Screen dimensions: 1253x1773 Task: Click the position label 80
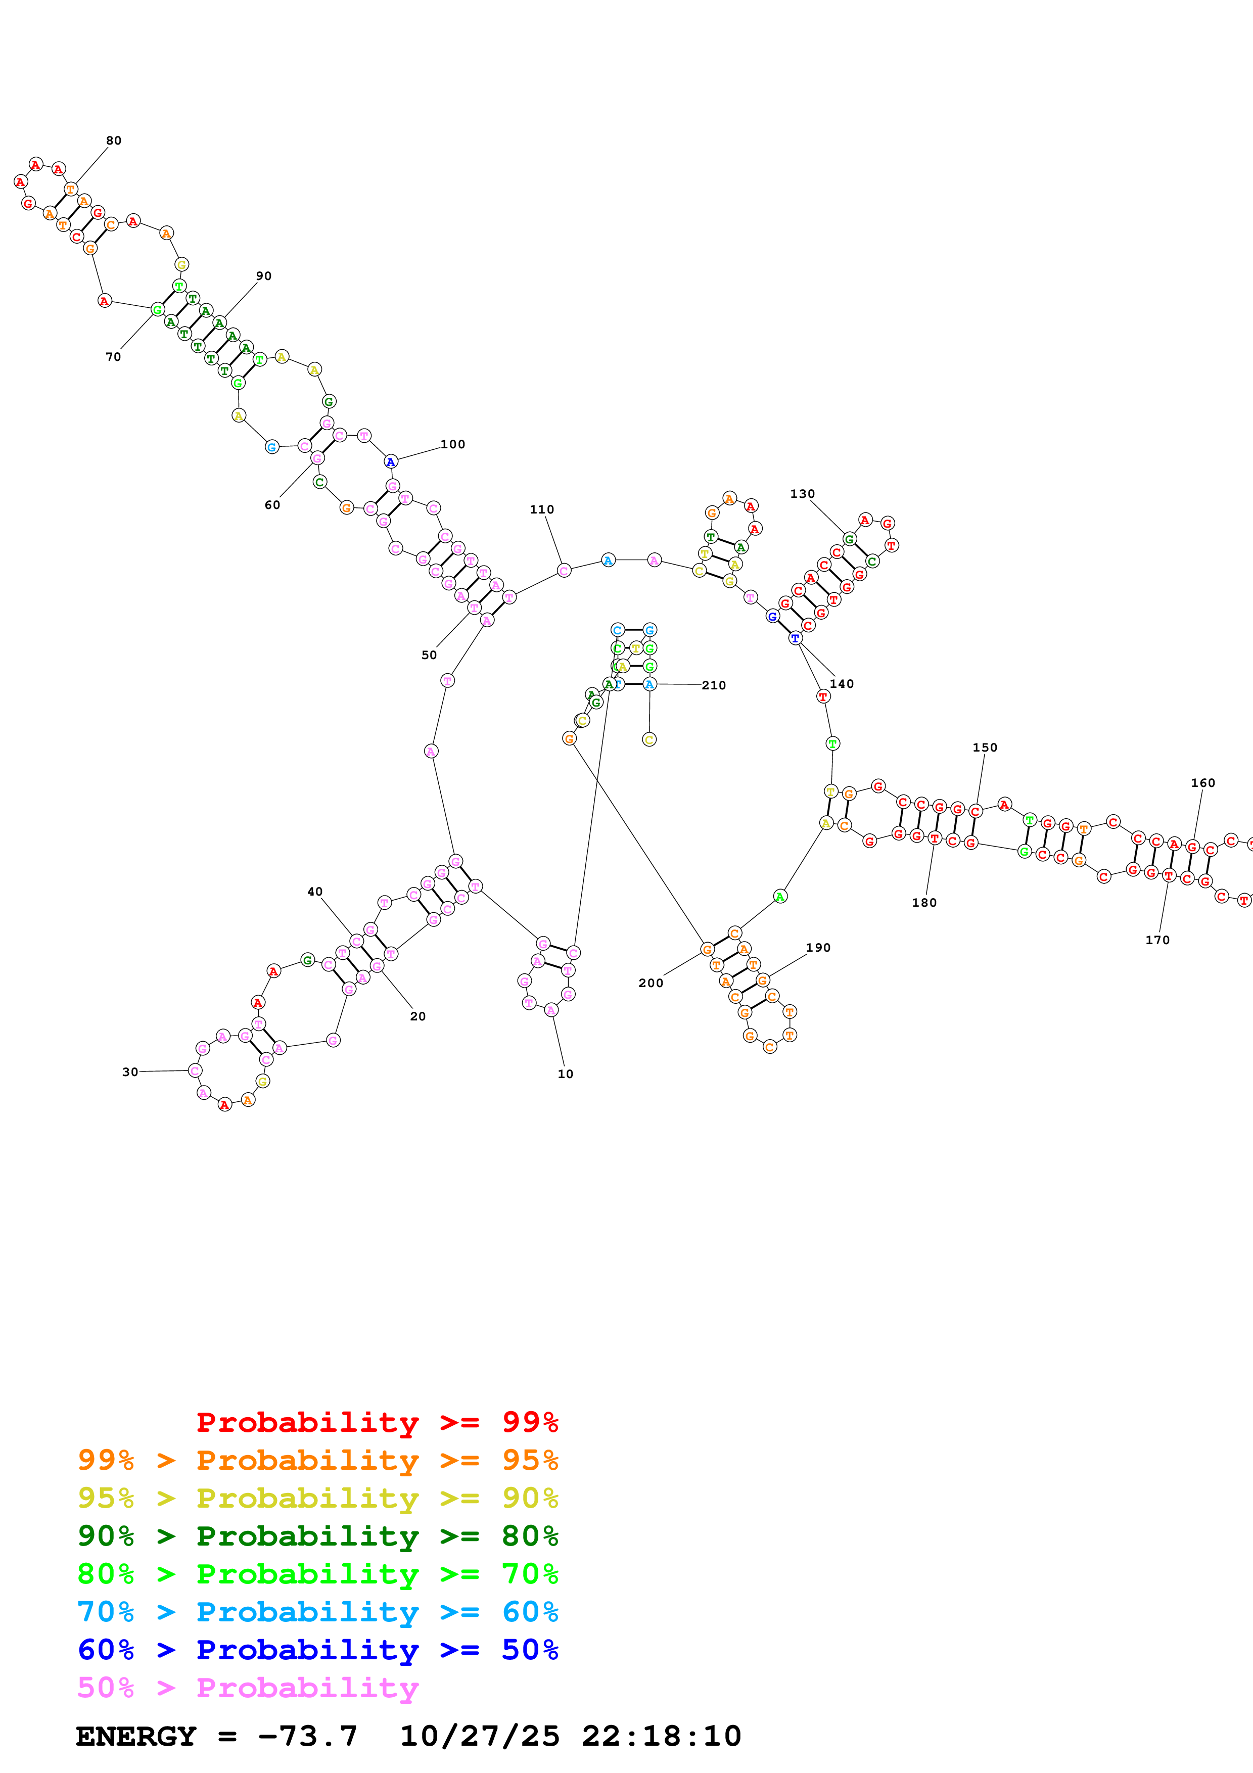114,141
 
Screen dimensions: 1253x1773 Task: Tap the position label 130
802,493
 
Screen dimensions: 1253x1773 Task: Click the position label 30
130,1072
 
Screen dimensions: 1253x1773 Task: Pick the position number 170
1157,940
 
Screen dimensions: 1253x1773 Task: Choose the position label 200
651,983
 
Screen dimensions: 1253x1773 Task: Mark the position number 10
565,1074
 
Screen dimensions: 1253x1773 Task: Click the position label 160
1203,782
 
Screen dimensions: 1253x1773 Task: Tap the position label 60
272,505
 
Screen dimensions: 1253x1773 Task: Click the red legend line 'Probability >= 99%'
377,1422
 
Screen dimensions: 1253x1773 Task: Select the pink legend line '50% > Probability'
247,1687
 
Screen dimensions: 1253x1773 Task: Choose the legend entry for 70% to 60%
317,1612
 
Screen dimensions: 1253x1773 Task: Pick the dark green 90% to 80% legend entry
317,1536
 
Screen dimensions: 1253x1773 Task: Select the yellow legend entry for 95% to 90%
317,1498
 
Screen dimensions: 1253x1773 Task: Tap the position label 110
541,509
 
